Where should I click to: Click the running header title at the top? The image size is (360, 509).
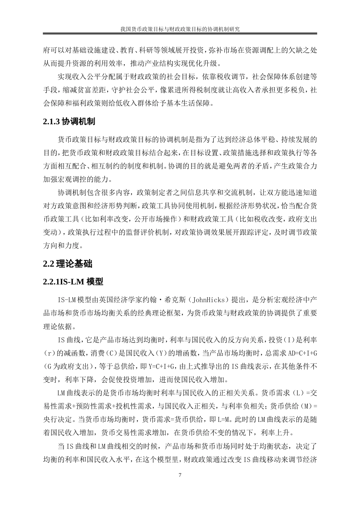[180, 29]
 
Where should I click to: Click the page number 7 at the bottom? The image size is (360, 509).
[180, 475]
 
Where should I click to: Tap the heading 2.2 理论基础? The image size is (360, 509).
[68, 264]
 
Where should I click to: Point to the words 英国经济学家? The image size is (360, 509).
[118, 300]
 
